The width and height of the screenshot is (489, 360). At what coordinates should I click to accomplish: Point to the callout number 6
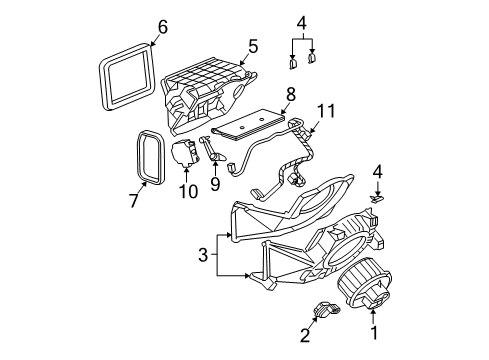click(162, 28)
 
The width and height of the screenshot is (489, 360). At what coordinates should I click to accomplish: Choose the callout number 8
click(290, 95)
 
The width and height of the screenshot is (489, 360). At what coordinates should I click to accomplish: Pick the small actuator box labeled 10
click(184, 155)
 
